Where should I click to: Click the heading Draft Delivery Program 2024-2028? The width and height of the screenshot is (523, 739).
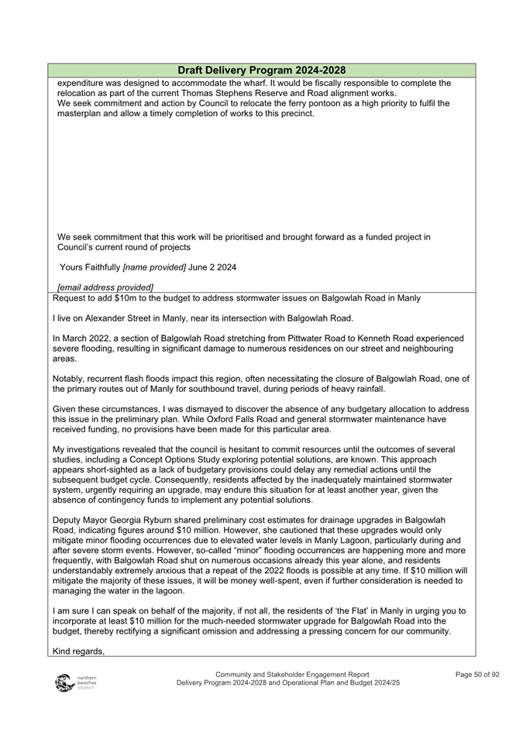tap(261, 70)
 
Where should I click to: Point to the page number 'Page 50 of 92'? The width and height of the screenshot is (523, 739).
tap(477, 675)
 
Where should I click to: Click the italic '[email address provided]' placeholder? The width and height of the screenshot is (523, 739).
tap(105, 288)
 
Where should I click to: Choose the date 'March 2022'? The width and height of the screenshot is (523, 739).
tap(90, 339)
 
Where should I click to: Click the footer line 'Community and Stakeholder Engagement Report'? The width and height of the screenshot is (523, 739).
tap(292, 675)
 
